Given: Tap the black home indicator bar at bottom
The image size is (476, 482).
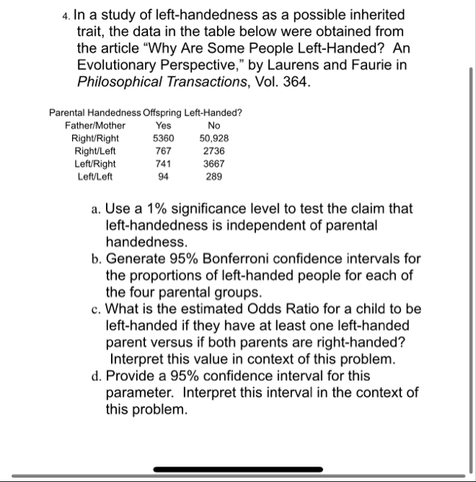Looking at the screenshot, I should click(238, 469).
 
